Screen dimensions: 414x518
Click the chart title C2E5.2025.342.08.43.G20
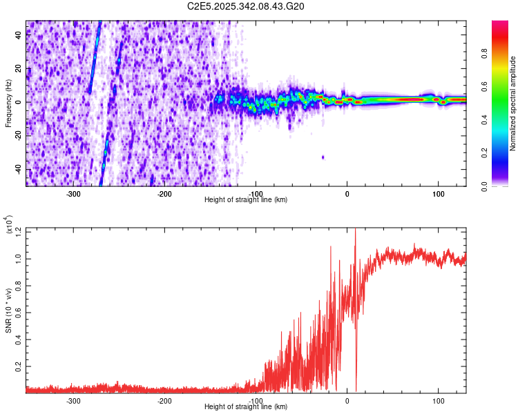pyautogui.click(x=246, y=6)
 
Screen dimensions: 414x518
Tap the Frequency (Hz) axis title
pyautogui.click(x=8, y=103)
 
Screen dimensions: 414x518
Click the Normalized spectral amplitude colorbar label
pyautogui.click(x=513, y=104)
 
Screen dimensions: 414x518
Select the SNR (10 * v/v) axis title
pyautogui.click(x=8, y=310)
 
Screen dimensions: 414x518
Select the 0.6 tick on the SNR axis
pyautogui.click(x=19, y=310)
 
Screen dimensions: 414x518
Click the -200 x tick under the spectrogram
pyautogui.click(x=164, y=193)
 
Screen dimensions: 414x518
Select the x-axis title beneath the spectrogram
pyautogui.click(x=246, y=200)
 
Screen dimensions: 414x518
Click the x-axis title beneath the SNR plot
pyautogui.click(x=246, y=407)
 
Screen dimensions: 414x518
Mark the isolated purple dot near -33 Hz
pyautogui.click(x=323, y=157)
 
